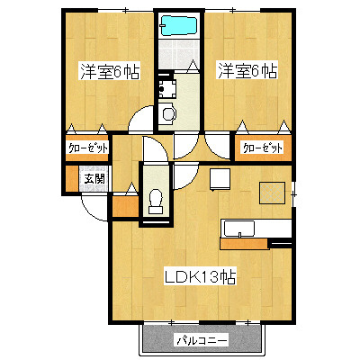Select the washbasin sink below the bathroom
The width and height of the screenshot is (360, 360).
(168, 112)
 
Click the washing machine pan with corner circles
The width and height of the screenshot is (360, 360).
(166, 88)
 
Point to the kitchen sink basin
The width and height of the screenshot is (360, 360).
(239, 229)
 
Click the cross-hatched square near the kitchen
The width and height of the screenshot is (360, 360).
(272, 193)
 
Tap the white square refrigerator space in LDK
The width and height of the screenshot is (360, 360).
(220, 179)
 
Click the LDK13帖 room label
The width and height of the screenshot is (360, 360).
(201, 276)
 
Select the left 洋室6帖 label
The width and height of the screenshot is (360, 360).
(110, 71)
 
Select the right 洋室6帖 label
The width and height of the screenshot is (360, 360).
(247, 71)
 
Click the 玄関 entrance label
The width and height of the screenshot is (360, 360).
(94, 179)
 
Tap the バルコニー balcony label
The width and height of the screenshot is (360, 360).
(202, 340)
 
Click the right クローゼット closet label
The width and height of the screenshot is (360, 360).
(263, 148)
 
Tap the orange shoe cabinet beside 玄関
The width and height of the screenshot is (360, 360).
(72, 178)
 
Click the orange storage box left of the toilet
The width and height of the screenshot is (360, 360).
(125, 206)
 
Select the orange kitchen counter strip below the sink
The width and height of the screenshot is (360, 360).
(244, 244)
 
